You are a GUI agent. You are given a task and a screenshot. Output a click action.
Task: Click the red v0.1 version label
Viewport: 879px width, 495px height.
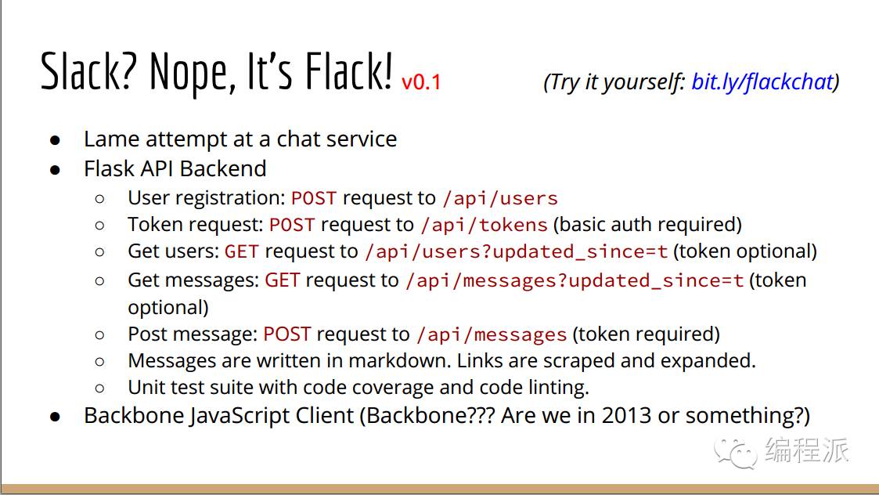point(421,82)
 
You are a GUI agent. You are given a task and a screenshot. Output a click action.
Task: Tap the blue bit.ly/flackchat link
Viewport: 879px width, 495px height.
point(762,82)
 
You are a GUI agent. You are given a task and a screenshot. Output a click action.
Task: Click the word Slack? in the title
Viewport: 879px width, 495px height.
point(88,72)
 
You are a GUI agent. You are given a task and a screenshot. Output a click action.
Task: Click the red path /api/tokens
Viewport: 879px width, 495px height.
point(484,225)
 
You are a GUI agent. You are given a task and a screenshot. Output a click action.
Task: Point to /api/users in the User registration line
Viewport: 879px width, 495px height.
point(500,198)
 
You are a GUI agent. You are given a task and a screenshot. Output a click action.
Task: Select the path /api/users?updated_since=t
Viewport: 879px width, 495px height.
point(517,251)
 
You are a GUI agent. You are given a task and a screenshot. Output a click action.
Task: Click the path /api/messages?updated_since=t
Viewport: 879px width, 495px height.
point(575,280)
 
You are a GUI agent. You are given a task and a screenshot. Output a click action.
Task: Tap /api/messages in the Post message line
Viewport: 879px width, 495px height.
point(492,334)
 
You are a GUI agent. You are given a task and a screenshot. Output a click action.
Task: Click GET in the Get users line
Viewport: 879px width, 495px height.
point(242,251)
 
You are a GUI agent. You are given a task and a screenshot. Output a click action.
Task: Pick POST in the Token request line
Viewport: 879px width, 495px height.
point(292,225)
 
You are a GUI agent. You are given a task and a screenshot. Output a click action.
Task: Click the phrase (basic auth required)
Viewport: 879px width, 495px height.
point(647,225)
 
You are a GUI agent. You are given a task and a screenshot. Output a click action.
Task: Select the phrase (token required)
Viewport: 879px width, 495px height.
point(646,334)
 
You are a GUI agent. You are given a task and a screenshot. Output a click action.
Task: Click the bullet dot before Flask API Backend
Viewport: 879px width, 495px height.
point(55,169)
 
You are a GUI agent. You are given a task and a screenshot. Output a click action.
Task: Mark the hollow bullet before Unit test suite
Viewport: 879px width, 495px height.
point(99,388)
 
